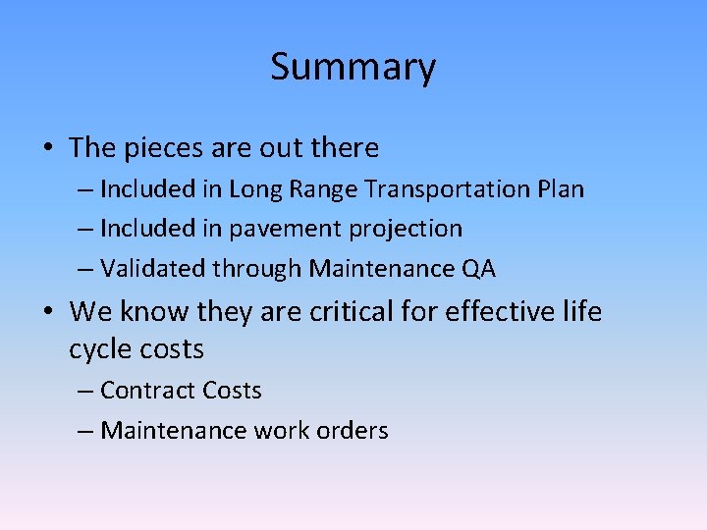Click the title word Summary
(353, 68)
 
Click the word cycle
(104, 349)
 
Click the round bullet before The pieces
(47, 149)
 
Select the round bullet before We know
(47, 313)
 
